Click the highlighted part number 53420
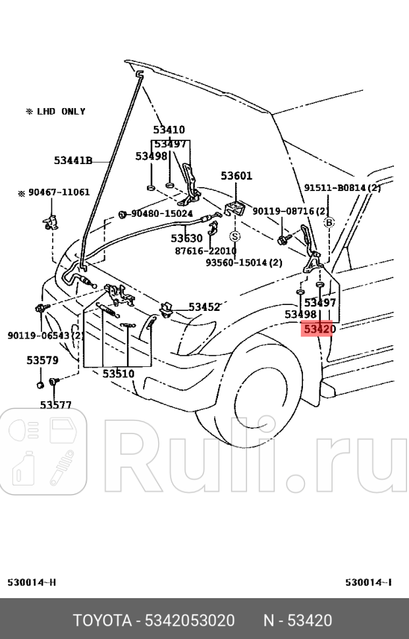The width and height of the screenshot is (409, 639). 319,329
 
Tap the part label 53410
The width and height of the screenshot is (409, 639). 169,130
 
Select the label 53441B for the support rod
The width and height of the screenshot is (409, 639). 73,159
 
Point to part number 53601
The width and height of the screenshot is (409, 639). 236,176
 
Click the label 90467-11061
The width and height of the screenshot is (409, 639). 55,192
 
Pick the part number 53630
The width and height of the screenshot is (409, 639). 187,238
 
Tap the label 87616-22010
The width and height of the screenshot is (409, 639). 205,250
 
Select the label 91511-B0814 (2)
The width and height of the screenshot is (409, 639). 342,188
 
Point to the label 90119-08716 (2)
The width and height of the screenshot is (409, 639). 290,211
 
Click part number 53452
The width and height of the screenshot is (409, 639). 204,307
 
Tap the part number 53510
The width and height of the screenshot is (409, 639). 118,374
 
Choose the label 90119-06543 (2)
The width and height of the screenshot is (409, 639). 45,335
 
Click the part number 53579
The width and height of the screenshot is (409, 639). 42,360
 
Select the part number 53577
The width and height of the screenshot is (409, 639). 55,405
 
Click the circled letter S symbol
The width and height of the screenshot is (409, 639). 235,235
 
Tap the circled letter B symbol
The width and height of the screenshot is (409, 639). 329,222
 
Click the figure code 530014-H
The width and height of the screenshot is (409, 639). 32,582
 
